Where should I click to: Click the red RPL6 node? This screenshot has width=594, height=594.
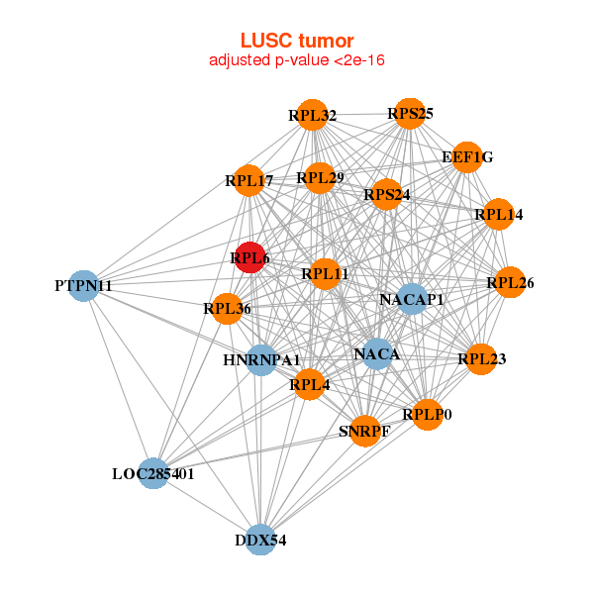point(249,257)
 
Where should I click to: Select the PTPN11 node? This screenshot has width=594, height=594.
point(84,286)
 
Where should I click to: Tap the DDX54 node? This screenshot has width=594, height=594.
point(259,540)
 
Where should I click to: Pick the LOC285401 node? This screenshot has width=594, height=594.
point(152,474)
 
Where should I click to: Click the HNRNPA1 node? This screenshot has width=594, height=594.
point(260,358)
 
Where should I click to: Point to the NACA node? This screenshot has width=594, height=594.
point(376,353)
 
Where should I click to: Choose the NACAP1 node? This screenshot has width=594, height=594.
point(412,299)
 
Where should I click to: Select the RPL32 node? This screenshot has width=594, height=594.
point(312,115)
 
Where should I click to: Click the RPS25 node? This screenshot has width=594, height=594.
point(410,114)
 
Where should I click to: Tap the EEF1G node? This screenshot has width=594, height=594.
point(467,156)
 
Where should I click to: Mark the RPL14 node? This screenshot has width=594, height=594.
point(498,214)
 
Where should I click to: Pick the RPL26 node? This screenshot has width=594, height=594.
point(510,283)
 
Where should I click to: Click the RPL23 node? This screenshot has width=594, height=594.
point(481,359)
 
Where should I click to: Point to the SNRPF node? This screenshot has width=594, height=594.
point(364,431)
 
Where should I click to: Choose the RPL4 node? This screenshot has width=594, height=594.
point(309,384)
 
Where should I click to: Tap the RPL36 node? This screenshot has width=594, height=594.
point(227,309)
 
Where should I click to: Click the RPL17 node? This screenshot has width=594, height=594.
point(248,180)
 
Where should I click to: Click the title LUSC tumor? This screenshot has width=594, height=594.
point(297,41)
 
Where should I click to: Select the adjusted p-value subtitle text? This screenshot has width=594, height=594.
point(297,60)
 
